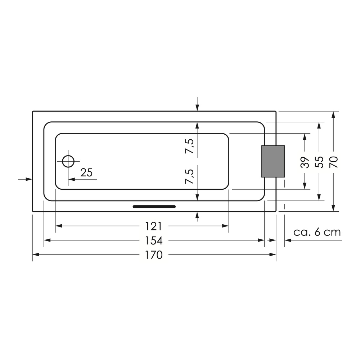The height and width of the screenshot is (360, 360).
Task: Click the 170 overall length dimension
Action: (x=154, y=255)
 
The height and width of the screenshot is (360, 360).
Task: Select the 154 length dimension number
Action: (x=154, y=240)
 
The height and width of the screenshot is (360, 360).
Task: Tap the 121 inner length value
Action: (x=154, y=226)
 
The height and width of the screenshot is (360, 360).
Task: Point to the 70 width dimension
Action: (x=334, y=162)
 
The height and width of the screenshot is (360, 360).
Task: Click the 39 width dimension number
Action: (x=305, y=162)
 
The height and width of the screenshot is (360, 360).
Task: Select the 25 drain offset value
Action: (x=86, y=173)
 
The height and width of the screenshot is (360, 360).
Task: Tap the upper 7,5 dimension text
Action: (x=190, y=146)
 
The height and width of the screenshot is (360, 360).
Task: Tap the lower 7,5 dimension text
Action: (x=190, y=176)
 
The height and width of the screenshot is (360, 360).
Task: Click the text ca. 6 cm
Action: (x=317, y=232)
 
